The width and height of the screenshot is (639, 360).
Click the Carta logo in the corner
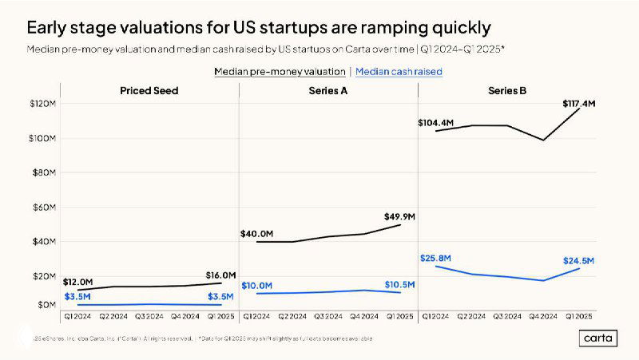597,338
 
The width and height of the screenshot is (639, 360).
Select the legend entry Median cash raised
399,72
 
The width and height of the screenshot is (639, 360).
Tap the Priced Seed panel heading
149,91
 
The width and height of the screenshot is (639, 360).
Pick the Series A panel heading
327,91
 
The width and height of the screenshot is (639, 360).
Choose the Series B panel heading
507,91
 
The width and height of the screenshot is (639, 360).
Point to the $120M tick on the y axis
42,104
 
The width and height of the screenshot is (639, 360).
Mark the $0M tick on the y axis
45,304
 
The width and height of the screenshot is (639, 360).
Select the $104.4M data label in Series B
436,123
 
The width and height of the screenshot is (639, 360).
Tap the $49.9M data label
399,216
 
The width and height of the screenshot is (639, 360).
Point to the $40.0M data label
257,234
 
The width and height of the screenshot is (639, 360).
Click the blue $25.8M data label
435,258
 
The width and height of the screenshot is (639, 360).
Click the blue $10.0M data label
257,286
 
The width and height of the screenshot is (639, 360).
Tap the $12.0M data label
78,283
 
